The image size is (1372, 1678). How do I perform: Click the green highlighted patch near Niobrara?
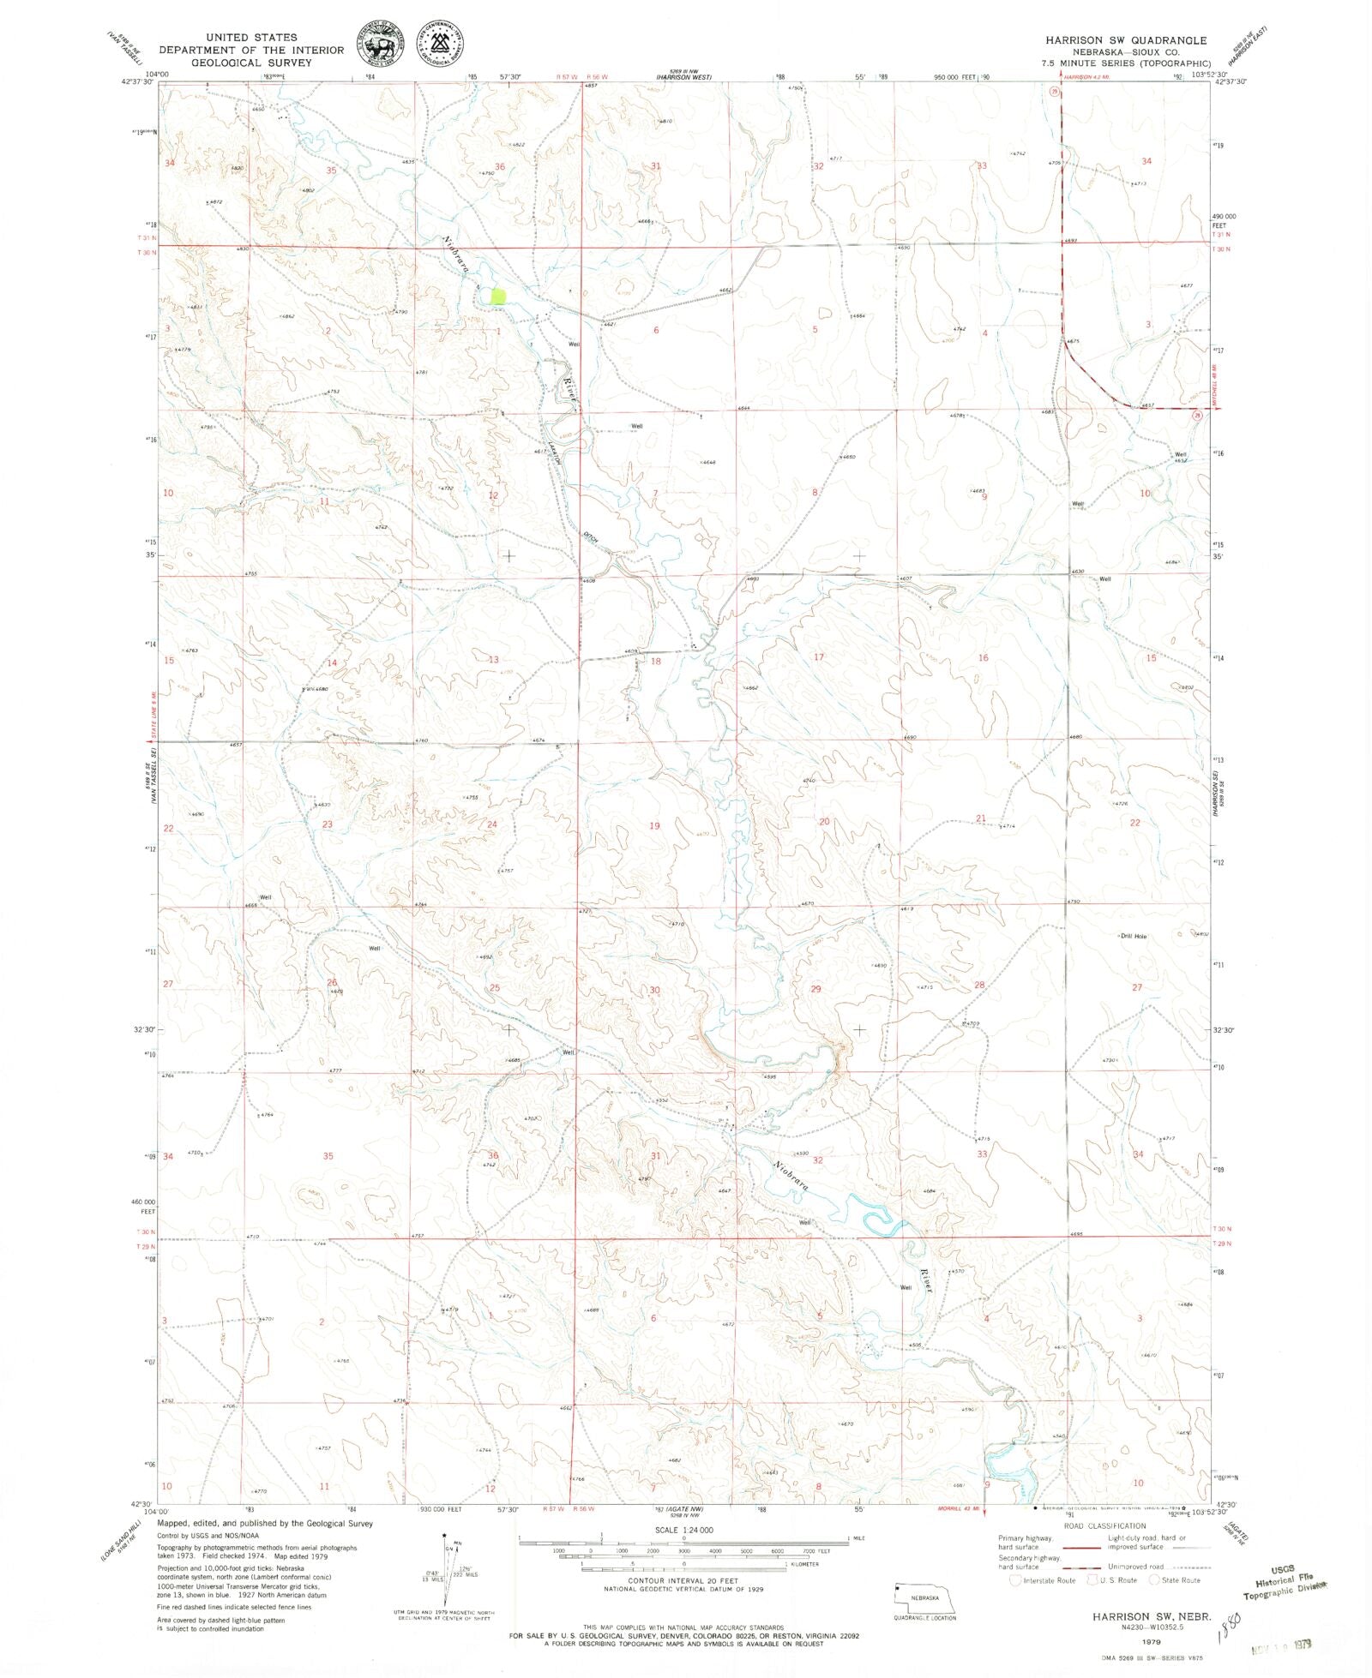[x=496, y=297]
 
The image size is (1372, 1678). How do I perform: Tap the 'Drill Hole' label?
[x=1133, y=937]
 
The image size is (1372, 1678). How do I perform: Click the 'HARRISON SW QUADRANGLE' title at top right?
[x=1125, y=40]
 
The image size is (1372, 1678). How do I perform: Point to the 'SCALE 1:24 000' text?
[x=683, y=1530]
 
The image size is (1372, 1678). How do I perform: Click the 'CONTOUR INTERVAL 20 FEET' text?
[x=683, y=1580]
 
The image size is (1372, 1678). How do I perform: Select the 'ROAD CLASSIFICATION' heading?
[x=1104, y=1525]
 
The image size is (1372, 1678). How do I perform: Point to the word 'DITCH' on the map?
[x=590, y=537]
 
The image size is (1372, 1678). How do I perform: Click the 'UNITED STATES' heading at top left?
[x=251, y=37]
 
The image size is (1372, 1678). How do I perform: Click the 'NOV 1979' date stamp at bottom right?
[x=1284, y=1647]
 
